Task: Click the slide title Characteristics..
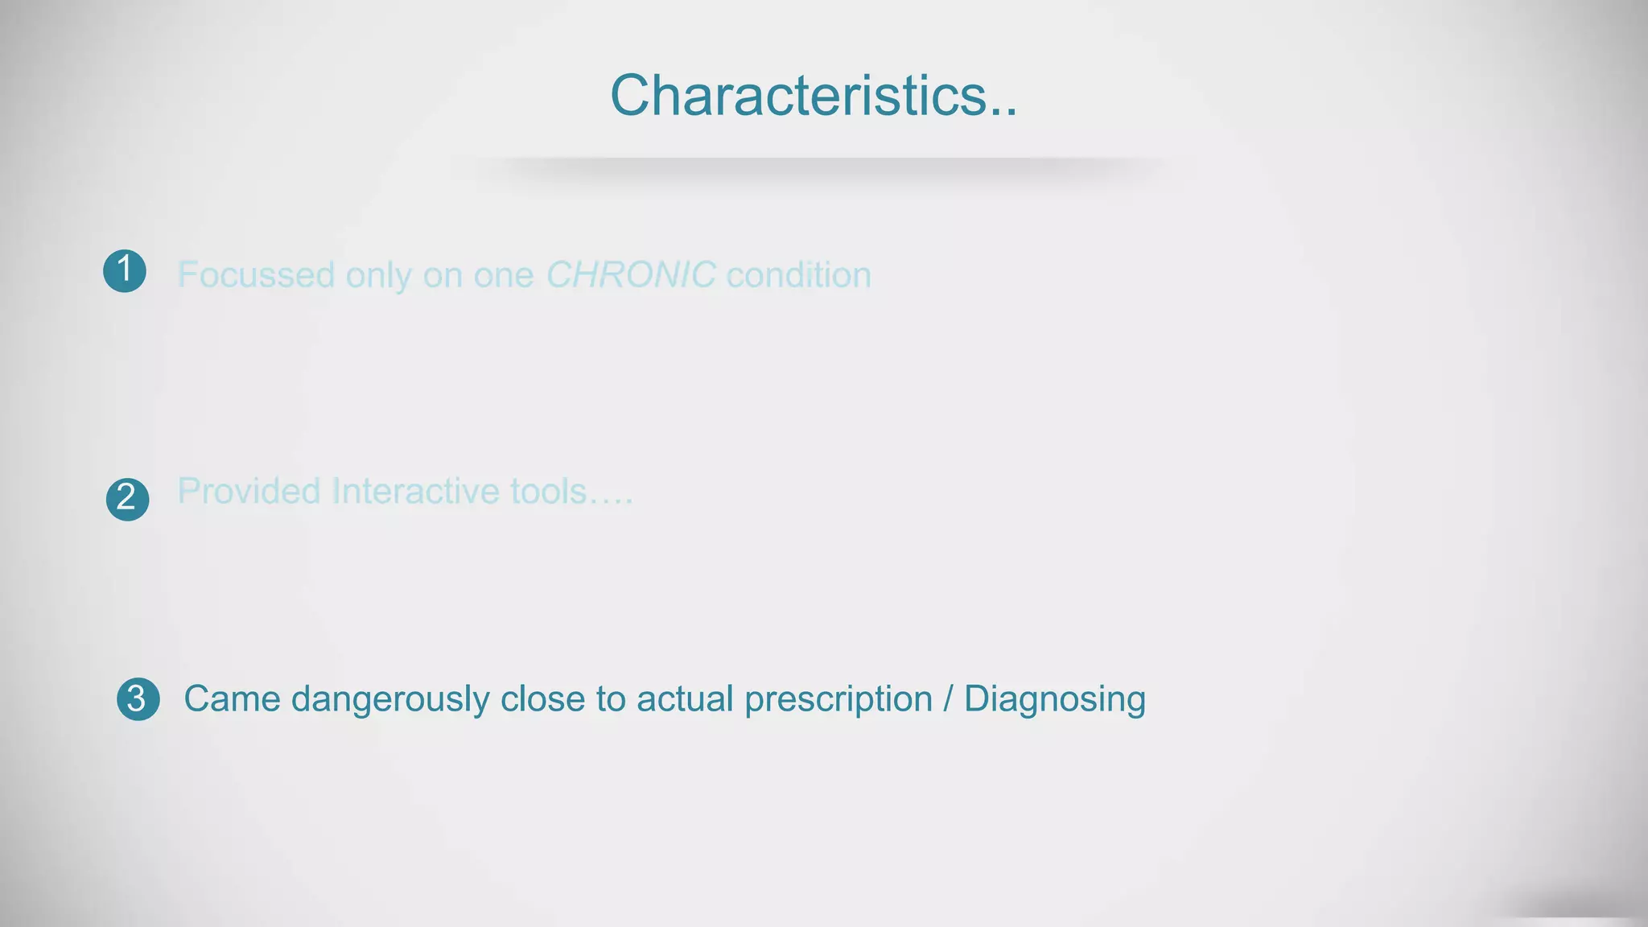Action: coord(813,96)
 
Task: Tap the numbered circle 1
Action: coord(125,270)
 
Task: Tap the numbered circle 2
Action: coord(127,499)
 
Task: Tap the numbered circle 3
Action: coord(138,698)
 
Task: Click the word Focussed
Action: coord(256,275)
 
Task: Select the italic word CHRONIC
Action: coord(630,275)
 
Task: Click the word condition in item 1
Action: coord(798,275)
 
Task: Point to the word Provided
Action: coord(249,491)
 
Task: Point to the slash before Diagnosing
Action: coord(948,698)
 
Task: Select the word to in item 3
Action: coord(611,698)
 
